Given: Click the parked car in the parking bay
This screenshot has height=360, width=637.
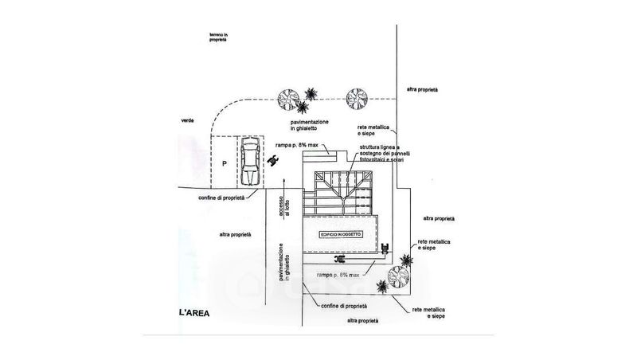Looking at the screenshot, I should pos(250,161).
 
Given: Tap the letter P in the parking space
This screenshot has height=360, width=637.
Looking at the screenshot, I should pos(225,163).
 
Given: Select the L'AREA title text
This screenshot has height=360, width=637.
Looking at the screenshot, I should pos(193,312).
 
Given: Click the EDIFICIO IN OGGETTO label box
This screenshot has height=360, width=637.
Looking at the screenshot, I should pos(342,235).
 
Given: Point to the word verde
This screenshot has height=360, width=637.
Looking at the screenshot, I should pos(188,120).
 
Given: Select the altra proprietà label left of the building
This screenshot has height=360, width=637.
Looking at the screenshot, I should pos(235,234).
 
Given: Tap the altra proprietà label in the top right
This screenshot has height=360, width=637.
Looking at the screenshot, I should pos(422,90).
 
